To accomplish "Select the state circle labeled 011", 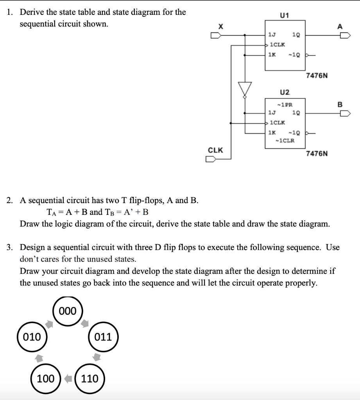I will (103, 336).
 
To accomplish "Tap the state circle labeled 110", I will (90, 378).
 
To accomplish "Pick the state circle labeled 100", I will (46, 378).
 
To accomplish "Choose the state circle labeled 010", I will (32, 336).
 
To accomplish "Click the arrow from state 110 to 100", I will (68, 378).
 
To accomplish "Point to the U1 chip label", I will (284, 15).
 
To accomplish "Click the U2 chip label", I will (285, 92).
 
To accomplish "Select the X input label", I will (220, 27).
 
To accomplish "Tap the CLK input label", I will (215, 150).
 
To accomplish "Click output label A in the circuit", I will (340, 27).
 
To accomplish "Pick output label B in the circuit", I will (340, 104).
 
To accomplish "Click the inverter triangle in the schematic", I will (245, 89).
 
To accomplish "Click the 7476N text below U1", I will (317, 75).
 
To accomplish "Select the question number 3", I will (11, 247).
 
